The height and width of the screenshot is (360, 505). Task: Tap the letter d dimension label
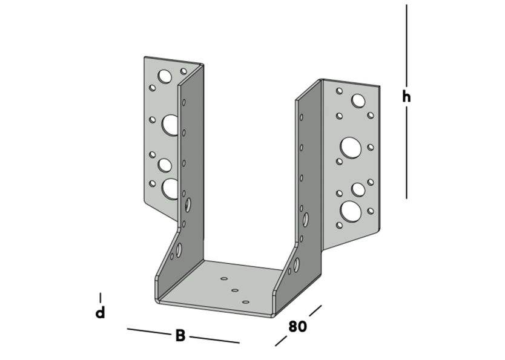tap(101, 313)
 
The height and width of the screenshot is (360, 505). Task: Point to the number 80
tap(297, 326)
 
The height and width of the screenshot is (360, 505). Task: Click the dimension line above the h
tap(406, 45)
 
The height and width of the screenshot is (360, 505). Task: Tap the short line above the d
tap(101, 297)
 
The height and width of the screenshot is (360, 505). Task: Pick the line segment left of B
tap(148, 332)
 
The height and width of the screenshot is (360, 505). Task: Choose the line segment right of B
tap(215, 339)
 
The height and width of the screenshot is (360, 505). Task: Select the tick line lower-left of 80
tap(280, 341)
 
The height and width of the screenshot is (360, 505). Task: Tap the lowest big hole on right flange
tap(350, 211)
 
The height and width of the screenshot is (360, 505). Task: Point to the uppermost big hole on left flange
tap(164, 76)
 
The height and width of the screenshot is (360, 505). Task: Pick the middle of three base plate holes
tap(235, 290)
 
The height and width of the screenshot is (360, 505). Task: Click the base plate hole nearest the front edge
tap(245, 301)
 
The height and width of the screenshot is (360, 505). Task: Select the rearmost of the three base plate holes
tap(224, 279)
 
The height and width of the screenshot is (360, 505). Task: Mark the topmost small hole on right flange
tap(340, 91)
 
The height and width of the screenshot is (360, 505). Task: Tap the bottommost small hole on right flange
tap(340, 226)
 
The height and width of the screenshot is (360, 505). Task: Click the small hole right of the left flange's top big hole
tap(182, 71)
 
